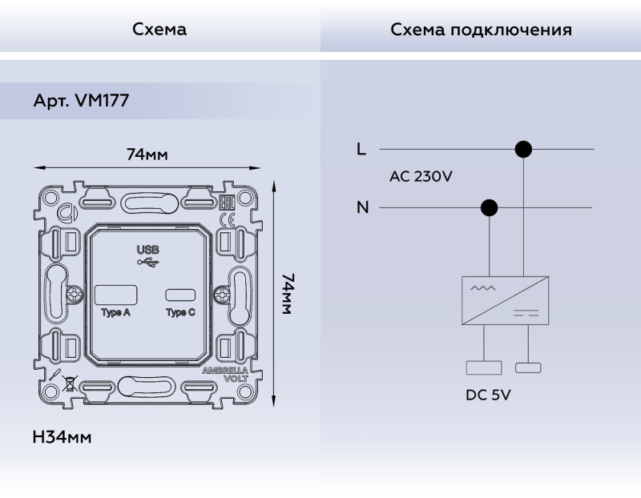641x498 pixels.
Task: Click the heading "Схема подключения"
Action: (481, 30)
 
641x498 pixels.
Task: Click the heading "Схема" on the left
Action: (159, 30)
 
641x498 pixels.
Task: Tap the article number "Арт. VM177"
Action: (81, 102)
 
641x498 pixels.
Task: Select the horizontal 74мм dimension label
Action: (147, 154)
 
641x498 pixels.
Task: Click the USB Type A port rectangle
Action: (118, 294)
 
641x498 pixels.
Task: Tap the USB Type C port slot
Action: (180, 294)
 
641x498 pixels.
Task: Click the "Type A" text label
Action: (116, 312)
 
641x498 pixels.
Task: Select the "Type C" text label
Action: (180, 312)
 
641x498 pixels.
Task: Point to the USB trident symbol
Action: (148, 262)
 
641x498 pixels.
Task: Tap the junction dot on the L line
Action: (523, 149)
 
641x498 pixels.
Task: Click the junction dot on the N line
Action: (488, 208)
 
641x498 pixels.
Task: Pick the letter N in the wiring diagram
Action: (363, 208)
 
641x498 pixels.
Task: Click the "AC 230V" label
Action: (421, 177)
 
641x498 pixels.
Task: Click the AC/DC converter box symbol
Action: (505, 300)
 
